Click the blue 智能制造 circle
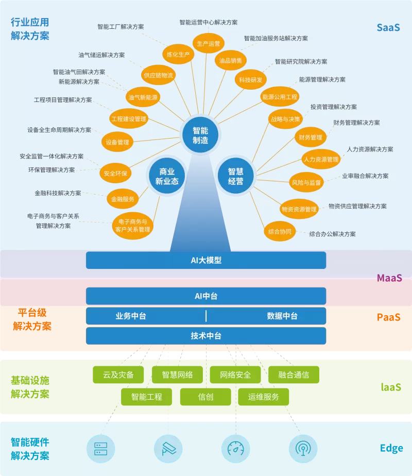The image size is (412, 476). click(200, 135)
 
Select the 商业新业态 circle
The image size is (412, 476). click(167, 176)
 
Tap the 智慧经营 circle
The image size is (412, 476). click(236, 176)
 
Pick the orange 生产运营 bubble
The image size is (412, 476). click(209, 43)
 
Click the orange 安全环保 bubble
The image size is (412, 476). click(115, 173)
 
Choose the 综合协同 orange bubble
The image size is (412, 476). click(280, 232)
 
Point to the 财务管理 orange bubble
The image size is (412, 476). click(311, 137)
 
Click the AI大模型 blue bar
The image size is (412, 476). click(206, 260)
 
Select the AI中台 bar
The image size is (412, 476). click(206, 296)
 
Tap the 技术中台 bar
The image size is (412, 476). click(206, 336)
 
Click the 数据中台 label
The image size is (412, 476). click(282, 316)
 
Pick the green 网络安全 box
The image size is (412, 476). click(235, 375)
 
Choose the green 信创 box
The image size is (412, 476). click(205, 397)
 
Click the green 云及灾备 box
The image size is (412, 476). click(118, 375)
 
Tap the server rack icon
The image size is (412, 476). click(101, 449)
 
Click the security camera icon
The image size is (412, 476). click(168, 449)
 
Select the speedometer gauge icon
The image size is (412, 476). click(236, 449)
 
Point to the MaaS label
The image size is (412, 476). click(389, 278)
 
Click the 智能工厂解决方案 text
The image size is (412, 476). click(121, 27)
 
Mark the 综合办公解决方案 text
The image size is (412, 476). click(333, 234)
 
